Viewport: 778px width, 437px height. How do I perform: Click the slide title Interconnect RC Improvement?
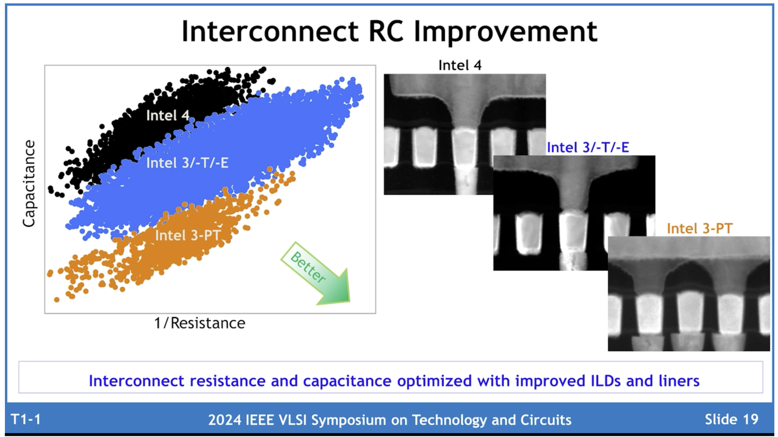point(389,31)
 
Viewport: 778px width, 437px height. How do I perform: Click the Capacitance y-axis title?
point(29,184)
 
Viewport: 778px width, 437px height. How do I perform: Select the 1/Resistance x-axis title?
point(199,323)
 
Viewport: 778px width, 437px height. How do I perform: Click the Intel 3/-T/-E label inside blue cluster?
point(187,163)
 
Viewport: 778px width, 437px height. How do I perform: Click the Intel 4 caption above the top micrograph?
point(459,65)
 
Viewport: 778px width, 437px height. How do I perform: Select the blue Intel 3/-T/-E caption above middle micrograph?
point(588,147)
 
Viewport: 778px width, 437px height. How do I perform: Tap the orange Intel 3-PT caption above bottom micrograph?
point(700,228)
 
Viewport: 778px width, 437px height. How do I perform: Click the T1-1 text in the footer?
point(26,419)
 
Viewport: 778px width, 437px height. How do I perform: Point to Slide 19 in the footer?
point(732,419)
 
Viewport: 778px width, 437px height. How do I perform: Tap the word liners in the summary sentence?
point(675,381)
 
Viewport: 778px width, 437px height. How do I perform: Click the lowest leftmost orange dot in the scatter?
point(57,299)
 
